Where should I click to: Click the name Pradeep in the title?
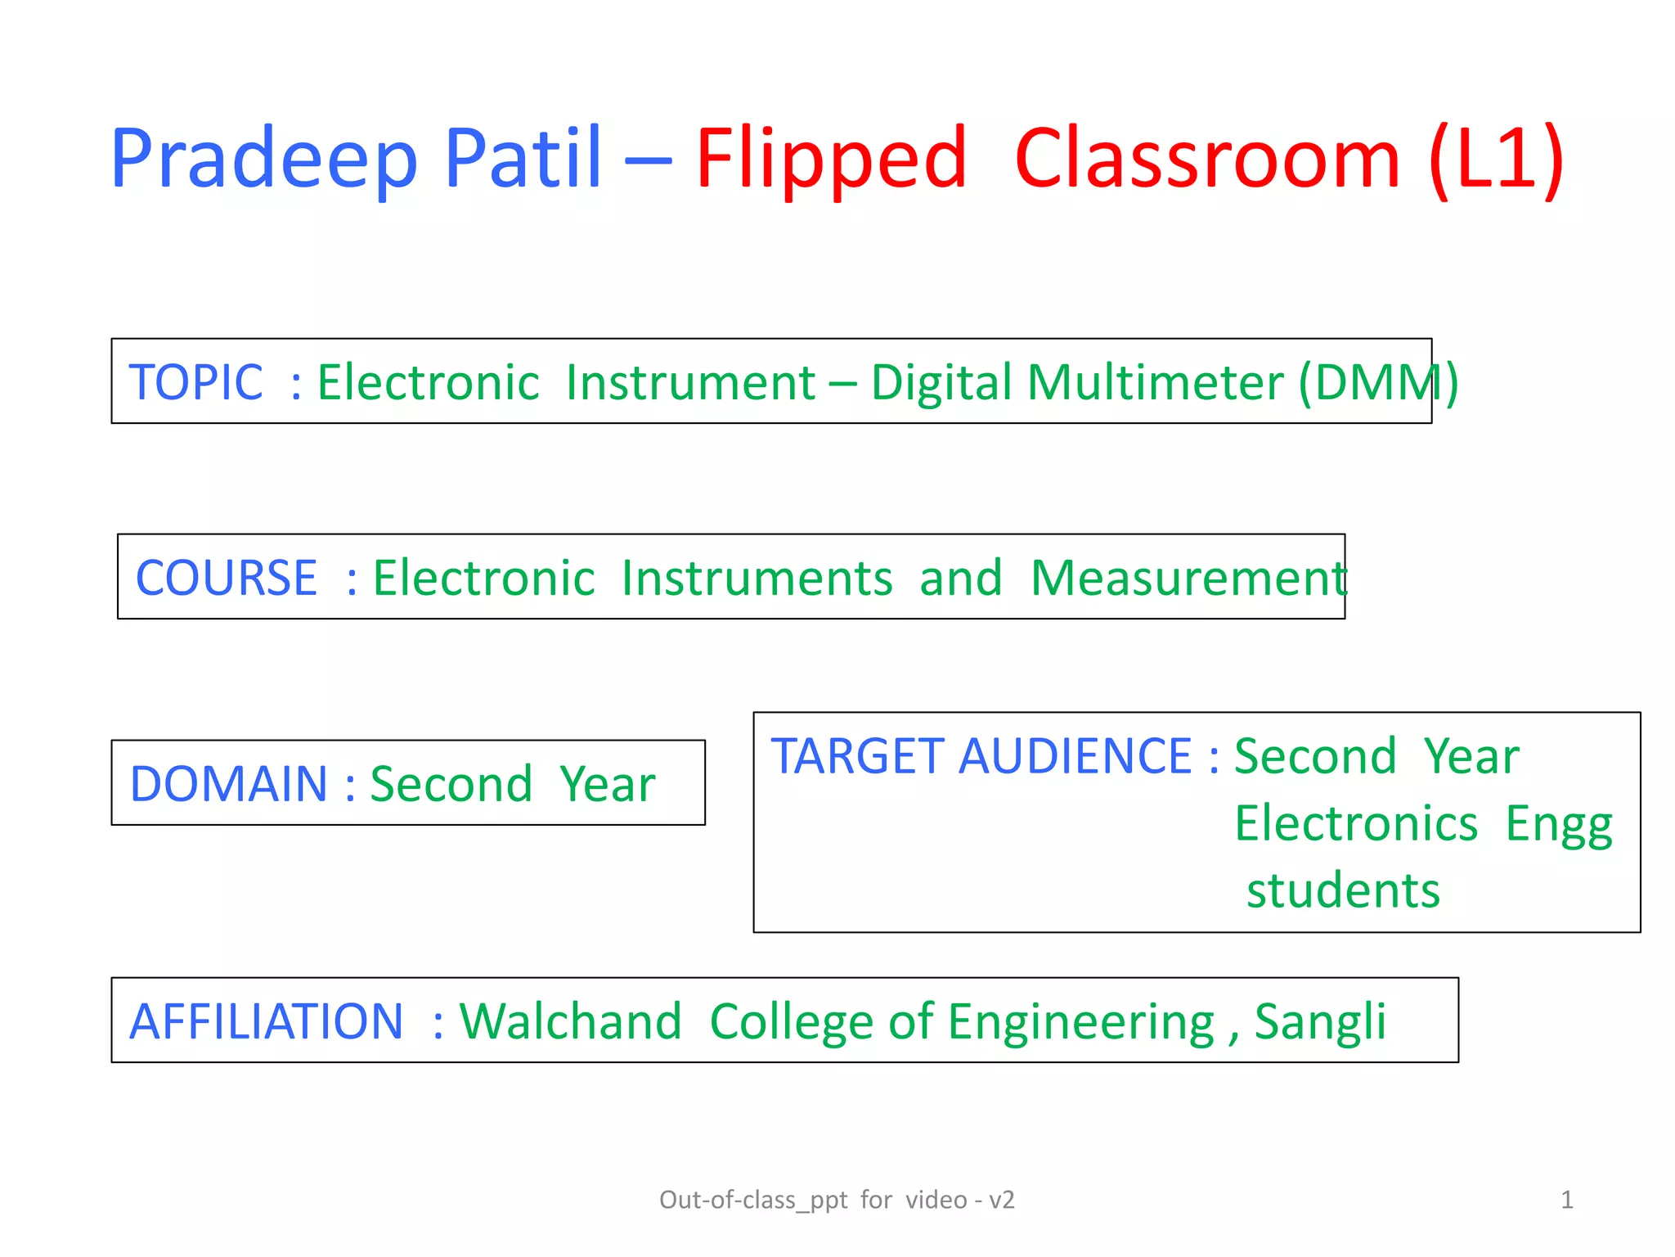pyautogui.click(x=263, y=160)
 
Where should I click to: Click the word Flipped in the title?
pyautogui.click(x=831, y=160)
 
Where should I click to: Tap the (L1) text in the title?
pyautogui.click(x=1495, y=160)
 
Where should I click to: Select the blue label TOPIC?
pyautogui.click(x=196, y=382)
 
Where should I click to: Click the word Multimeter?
pyautogui.click(x=1155, y=382)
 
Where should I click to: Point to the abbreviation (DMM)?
pyautogui.click(x=1378, y=382)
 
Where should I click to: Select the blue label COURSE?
pyautogui.click(x=227, y=578)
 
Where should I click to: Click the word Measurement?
pyautogui.click(x=1188, y=578)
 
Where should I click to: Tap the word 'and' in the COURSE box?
pyautogui.click(x=960, y=578)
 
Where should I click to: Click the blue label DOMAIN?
pyautogui.click(x=229, y=784)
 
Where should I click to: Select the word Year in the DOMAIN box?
pyautogui.click(x=607, y=784)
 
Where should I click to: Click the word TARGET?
pyautogui.click(x=857, y=755)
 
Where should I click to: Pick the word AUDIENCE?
pyautogui.click(x=1075, y=755)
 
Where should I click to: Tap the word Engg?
pyautogui.click(x=1558, y=825)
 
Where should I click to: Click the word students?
pyautogui.click(x=1343, y=890)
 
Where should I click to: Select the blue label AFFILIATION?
pyautogui.click(x=267, y=1021)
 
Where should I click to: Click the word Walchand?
pyautogui.click(x=570, y=1021)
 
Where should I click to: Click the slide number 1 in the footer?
pyautogui.click(x=1566, y=1200)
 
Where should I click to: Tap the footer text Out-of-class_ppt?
pyautogui.click(x=752, y=1201)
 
